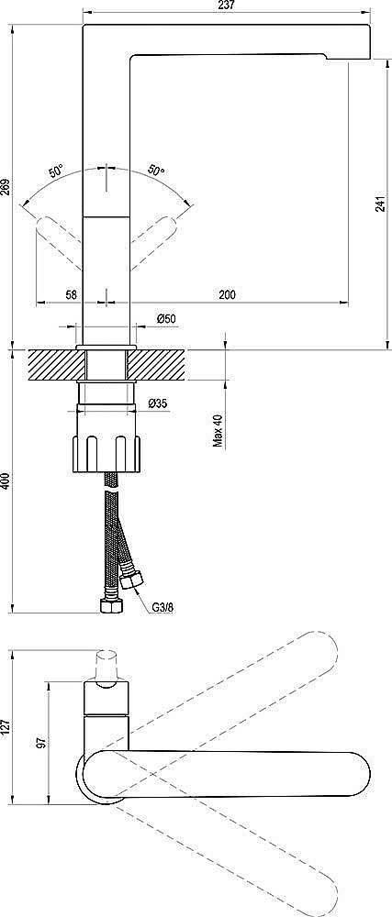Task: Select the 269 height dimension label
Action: pos(6,185)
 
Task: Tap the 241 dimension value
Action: pos(379,205)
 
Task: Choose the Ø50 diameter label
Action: pos(166,318)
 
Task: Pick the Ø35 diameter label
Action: pos(157,403)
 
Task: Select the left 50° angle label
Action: pos(57,171)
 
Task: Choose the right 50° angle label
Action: pos(156,171)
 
